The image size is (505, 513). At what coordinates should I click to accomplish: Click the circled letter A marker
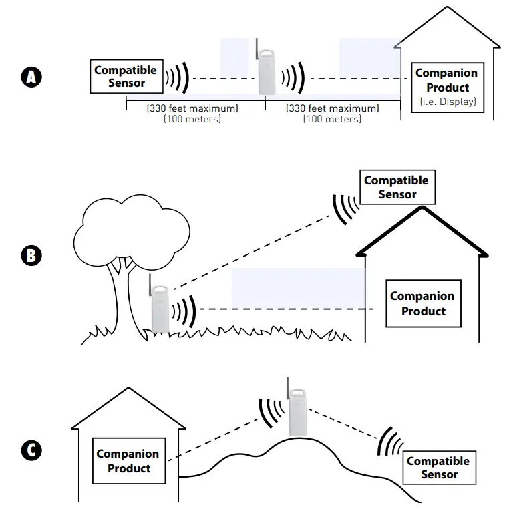pos(31,77)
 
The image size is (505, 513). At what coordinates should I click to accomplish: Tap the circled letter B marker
pos(31,255)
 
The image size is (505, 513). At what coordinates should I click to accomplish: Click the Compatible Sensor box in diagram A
pos(126,77)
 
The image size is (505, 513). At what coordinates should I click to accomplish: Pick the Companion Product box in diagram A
pos(447,88)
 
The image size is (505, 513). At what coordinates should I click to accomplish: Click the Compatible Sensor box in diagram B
pos(396,188)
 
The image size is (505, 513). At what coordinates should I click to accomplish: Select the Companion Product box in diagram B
pos(423,303)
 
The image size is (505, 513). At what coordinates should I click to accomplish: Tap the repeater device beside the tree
pos(160,308)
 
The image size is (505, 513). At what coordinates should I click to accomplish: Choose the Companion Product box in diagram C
pos(128,461)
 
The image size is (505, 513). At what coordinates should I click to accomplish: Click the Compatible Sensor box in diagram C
pos(439,468)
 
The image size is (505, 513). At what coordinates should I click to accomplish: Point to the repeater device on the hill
pos(295,413)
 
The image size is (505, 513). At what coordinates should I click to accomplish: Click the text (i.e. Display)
pos(447,102)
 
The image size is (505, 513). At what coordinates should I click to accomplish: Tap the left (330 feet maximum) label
pos(192,108)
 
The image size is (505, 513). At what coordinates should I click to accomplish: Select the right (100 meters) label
pos(332,119)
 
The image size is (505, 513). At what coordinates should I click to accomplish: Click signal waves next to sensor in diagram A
pos(178,78)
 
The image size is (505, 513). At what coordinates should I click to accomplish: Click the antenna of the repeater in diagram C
pos(289,387)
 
